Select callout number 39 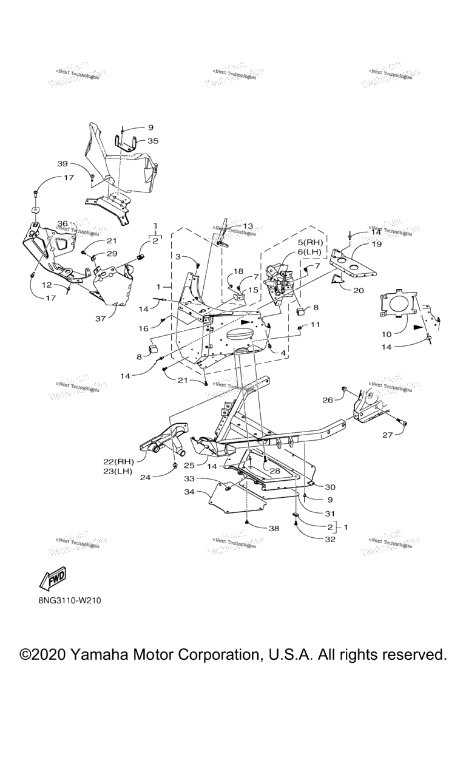tap(63, 164)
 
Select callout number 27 tap(388, 435)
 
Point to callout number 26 tap(328, 400)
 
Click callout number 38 tap(274, 528)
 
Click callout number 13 tap(249, 226)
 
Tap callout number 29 tap(112, 253)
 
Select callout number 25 tap(189, 465)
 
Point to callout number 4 tap(283, 353)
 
